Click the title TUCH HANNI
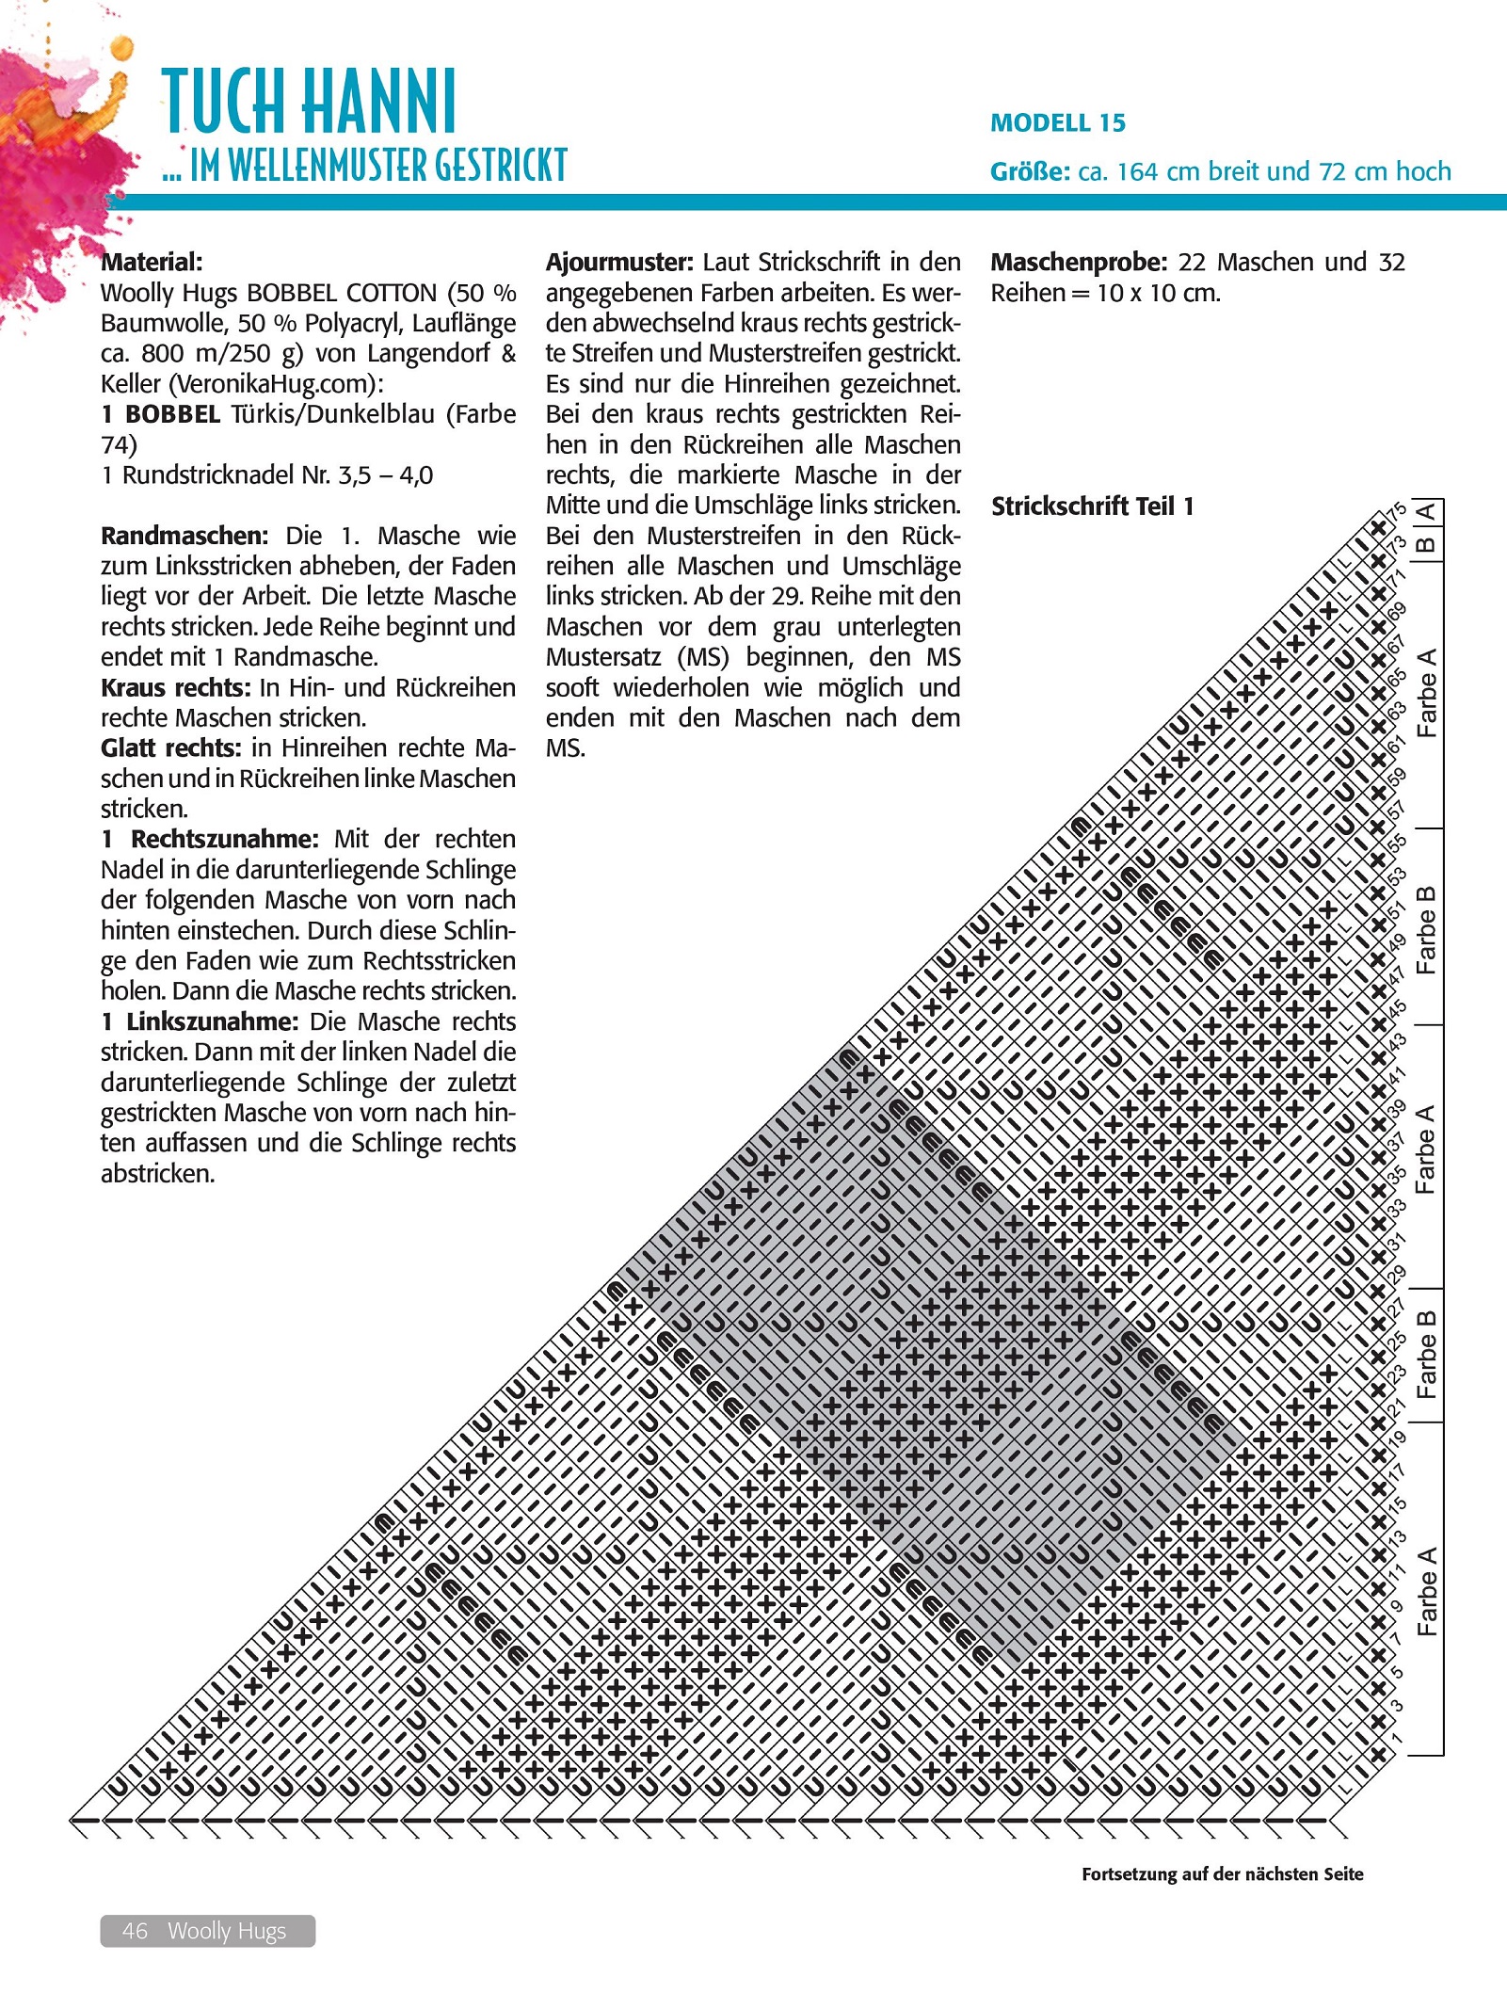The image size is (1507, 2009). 309,101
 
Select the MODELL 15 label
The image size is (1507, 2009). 1057,123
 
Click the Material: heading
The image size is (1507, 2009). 152,262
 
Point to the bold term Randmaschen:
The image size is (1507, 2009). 184,536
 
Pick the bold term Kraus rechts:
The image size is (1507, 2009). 176,687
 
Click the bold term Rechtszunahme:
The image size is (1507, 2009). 224,839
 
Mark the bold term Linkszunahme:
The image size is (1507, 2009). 212,1021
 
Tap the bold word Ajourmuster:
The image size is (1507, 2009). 619,262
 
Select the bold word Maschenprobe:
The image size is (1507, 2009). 1079,262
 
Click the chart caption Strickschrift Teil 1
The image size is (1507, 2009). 1092,506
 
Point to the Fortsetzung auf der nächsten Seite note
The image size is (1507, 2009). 1222,1873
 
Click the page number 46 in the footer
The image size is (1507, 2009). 135,1930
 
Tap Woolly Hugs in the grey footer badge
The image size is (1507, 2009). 227,1930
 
